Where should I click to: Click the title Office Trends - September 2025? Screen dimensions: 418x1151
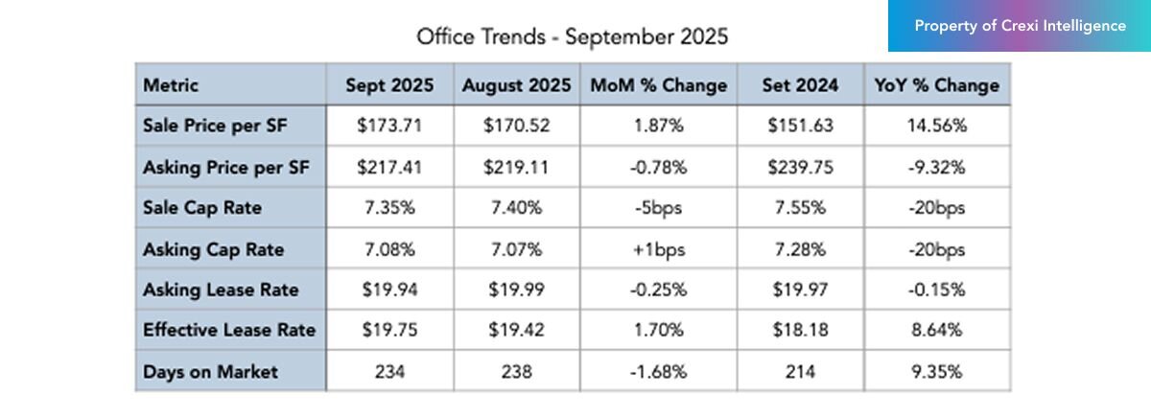click(x=572, y=36)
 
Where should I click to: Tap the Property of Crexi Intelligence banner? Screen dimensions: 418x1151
click(x=1020, y=26)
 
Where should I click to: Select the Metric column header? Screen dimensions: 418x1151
click(x=171, y=85)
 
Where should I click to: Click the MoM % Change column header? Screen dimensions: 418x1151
click(x=658, y=85)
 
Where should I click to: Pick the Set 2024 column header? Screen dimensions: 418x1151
click(x=799, y=85)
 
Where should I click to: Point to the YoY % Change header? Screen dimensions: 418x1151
click(x=936, y=85)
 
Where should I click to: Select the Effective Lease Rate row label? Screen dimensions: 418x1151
click(x=229, y=331)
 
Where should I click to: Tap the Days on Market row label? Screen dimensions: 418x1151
click(x=210, y=372)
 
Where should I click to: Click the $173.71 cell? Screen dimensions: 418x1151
click(x=388, y=126)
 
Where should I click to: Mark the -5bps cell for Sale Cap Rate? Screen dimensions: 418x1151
click(x=658, y=208)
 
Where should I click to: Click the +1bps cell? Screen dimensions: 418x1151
click(x=658, y=249)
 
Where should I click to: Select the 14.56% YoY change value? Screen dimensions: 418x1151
click(x=936, y=126)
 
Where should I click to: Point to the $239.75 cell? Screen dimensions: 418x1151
click(x=799, y=167)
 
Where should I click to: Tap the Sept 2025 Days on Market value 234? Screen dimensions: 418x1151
click(x=388, y=372)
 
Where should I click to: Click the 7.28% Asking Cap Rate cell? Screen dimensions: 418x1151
click(x=799, y=249)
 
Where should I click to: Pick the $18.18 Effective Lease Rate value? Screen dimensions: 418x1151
click(x=799, y=331)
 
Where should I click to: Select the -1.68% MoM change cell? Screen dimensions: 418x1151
click(x=658, y=372)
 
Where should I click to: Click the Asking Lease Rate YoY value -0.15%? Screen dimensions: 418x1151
click(x=936, y=290)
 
